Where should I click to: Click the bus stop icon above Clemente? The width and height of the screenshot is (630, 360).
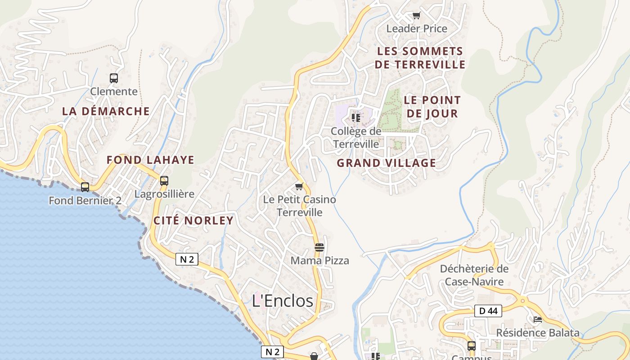(x=114, y=78)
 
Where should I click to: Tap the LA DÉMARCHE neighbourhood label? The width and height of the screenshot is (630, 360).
(x=106, y=111)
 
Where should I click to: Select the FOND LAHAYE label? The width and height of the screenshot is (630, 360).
(x=150, y=160)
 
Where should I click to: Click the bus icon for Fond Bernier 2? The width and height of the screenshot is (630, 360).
(x=85, y=187)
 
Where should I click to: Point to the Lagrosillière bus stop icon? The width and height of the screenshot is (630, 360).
(x=164, y=181)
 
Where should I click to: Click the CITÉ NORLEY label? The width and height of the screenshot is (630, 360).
(x=193, y=220)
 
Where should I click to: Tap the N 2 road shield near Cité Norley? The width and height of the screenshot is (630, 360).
(x=187, y=259)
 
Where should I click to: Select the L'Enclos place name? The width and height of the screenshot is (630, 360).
(x=283, y=301)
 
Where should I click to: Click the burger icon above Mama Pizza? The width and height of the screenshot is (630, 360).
(x=319, y=247)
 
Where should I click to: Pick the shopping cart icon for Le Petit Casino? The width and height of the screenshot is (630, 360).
(x=299, y=186)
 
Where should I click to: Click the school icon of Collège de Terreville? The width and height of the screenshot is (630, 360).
(x=356, y=118)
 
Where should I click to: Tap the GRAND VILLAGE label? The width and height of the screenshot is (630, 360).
(x=387, y=163)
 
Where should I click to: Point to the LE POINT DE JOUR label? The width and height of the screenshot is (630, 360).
(x=432, y=107)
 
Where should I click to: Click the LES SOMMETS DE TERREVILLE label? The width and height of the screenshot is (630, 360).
(x=420, y=58)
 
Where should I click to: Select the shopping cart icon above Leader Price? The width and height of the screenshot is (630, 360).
(x=417, y=16)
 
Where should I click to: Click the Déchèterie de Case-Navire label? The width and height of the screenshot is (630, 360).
(x=474, y=275)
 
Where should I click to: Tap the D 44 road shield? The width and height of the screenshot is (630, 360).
(x=488, y=310)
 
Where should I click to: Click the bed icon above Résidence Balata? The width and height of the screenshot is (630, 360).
(x=537, y=319)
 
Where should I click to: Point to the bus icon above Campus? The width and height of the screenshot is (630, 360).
(x=472, y=346)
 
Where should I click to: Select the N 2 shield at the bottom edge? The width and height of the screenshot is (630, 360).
(x=273, y=352)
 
